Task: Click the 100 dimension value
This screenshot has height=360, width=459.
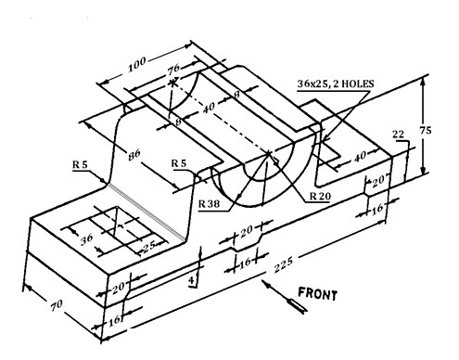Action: click(137, 64)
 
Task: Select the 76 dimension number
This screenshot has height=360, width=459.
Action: click(173, 70)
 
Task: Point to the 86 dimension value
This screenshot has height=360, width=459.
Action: click(134, 154)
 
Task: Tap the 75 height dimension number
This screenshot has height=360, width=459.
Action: click(426, 130)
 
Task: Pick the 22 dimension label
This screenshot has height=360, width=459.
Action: click(398, 135)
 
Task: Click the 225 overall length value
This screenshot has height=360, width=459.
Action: click(283, 264)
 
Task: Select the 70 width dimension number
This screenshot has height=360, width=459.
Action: click(57, 304)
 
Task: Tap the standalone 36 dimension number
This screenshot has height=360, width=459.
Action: click(87, 238)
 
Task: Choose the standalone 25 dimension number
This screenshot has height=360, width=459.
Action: click(149, 245)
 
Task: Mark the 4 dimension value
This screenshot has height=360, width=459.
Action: click(192, 280)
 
